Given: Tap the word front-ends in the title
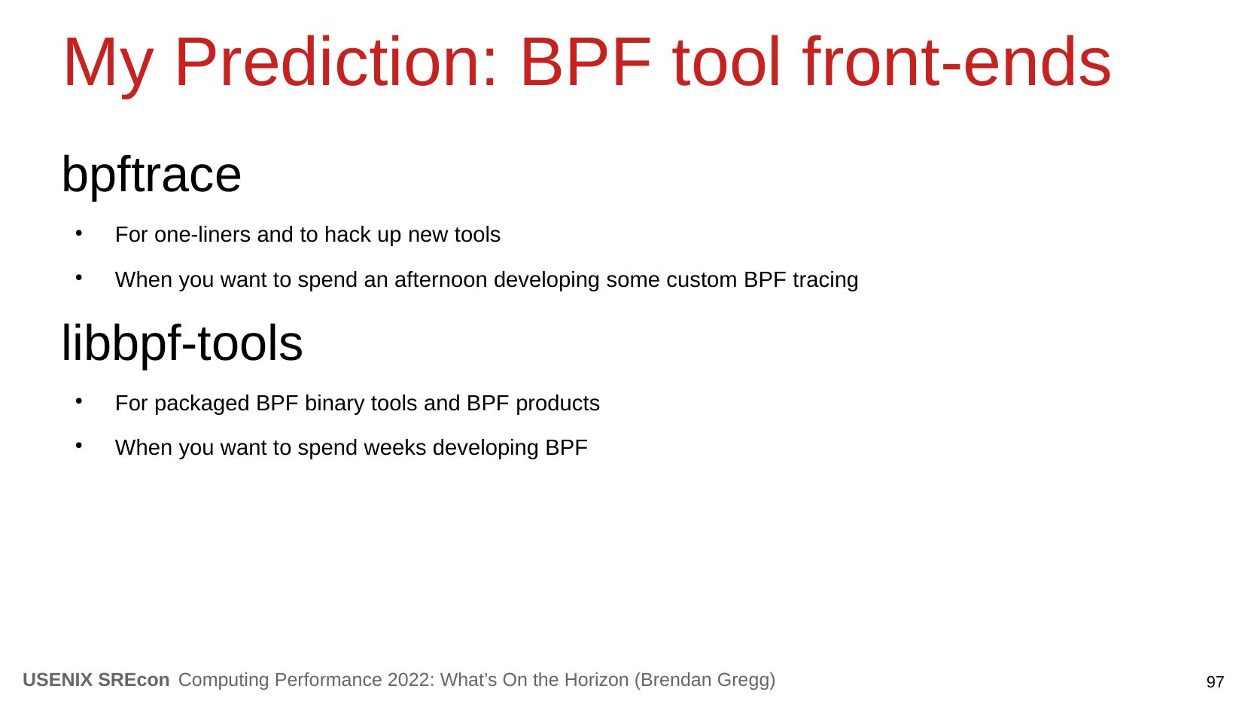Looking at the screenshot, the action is click(957, 62).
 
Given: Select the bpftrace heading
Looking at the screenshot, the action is click(151, 175).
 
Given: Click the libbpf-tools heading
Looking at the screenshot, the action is click(181, 344).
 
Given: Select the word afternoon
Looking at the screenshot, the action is click(441, 280).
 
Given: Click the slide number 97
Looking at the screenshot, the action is click(1215, 681).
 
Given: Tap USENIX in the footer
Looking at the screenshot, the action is click(58, 680).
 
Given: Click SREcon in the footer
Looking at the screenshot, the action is click(133, 680).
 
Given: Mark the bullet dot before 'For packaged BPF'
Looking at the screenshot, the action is click(79, 401).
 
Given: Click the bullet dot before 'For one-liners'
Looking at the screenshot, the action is click(79, 233).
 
